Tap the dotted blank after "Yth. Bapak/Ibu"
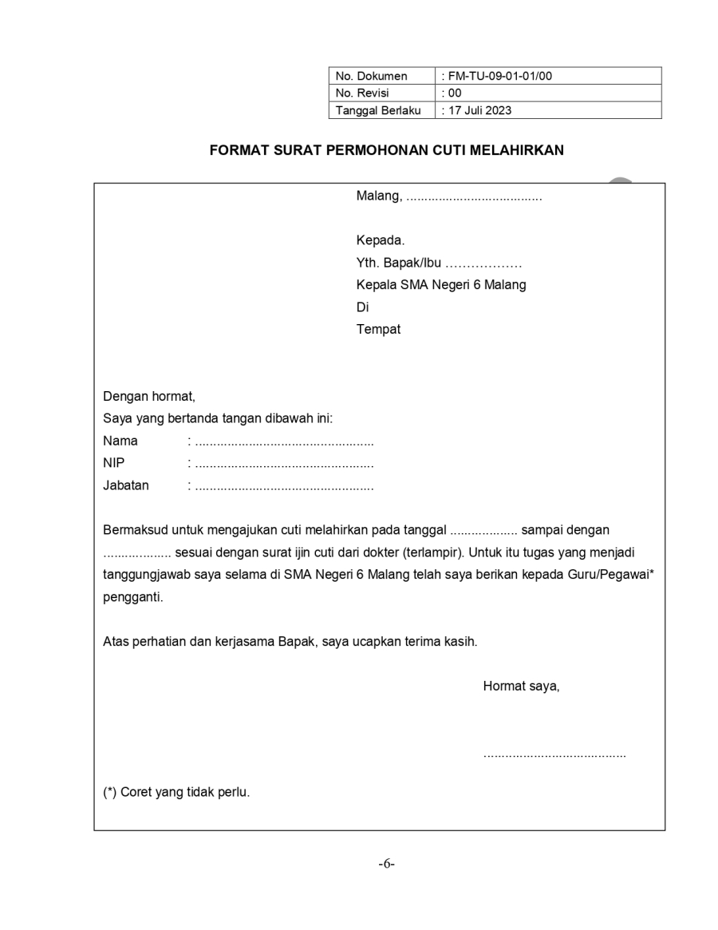[483, 263]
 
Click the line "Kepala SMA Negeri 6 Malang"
[441, 285]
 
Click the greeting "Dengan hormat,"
[149, 396]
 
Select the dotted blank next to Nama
[284, 441]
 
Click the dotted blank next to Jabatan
[284, 486]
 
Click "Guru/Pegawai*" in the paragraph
[616, 574]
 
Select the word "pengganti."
[132, 596]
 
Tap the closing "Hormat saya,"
[521, 686]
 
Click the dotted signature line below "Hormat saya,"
[554, 754]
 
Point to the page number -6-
[387, 865]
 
